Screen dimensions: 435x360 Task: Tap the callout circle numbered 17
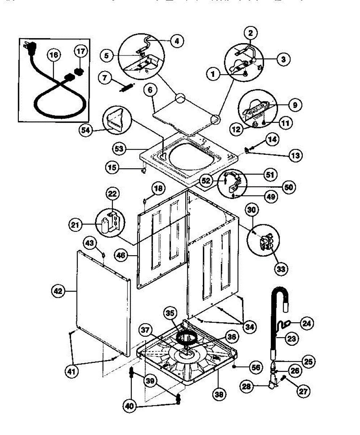81,51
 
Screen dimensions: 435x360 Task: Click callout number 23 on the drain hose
292,339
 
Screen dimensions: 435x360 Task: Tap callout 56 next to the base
256,367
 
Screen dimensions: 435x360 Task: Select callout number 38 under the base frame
219,393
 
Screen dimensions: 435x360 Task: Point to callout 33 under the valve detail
281,269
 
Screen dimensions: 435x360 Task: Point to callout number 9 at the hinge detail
294,105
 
